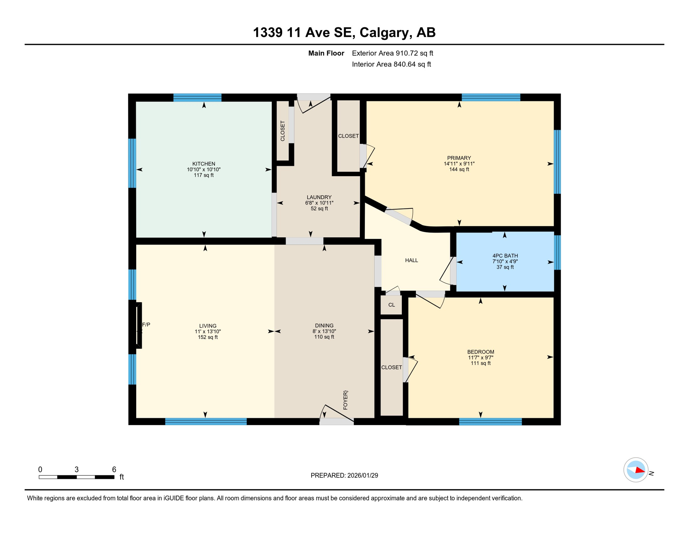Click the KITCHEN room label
[203, 163]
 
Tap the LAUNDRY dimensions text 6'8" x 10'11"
[319, 203]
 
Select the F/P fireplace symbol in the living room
[139, 325]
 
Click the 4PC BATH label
[505, 256]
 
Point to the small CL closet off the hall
[391, 305]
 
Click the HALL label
[411, 260]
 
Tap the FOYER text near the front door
[345, 400]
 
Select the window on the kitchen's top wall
[197, 98]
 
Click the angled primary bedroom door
[399, 215]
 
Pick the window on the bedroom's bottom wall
[490, 422]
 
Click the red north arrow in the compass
[640, 471]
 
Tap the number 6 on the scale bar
[114, 469]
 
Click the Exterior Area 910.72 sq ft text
[392, 53]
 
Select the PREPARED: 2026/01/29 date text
[344, 475]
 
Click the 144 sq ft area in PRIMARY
[459, 169]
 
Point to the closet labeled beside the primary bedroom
[348, 136]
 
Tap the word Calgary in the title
[384, 32]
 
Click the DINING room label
[324, 325]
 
